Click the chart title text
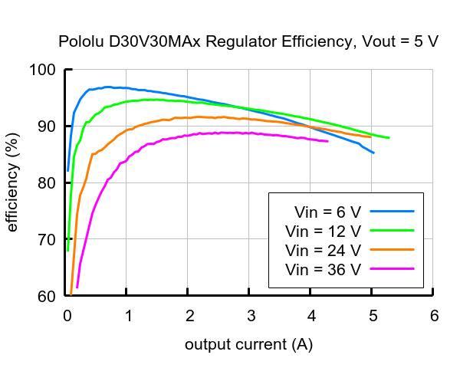coord(248,41)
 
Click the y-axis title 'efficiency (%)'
coord(12,182)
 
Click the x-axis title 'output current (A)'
coord(248,345)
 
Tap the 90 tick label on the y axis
coord(48,127)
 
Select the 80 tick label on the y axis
coord(48,183)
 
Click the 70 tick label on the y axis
coord(48,240)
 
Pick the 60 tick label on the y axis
coord(48,297)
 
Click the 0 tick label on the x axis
coord(67,315)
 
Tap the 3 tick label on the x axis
coord(250,315)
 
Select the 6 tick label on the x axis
coord(434,315)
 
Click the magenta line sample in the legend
coord(391,269)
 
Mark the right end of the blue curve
coord(373,153)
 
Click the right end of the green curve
coord(389,138)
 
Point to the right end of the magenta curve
coord(327,141)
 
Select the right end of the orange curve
coord(371,137)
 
